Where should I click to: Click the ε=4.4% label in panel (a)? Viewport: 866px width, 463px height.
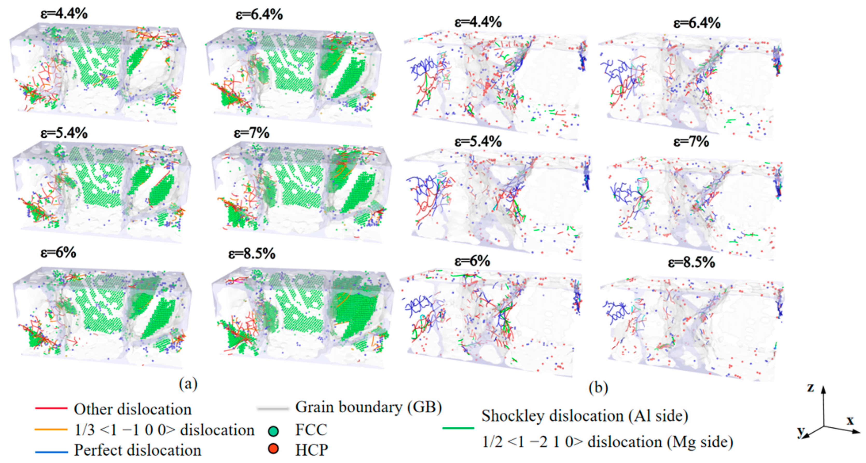click(64, 14)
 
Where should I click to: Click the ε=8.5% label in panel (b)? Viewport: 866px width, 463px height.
click(691, 262)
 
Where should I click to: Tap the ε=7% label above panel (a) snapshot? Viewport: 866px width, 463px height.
click(252, 133)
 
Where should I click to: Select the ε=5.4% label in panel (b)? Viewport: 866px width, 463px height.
click(478, 142)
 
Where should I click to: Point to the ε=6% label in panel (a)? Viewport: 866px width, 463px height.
click(58, 252)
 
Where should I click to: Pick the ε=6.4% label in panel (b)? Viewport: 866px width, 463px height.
click(697, 23)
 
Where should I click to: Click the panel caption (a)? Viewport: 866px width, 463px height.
click(188, 383)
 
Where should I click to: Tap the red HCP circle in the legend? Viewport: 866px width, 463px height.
click(274, 449)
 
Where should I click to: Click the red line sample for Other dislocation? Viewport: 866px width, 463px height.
click(51, 409)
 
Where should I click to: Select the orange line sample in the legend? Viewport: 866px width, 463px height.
click(51, 429)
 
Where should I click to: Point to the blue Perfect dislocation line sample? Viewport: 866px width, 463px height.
click(51, 452)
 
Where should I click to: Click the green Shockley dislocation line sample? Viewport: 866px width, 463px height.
click(458, 428)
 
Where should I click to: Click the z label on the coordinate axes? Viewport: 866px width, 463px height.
click(810, 388)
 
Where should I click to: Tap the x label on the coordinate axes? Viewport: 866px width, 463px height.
click(850, 420)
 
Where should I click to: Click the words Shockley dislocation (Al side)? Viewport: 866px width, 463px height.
click(585, 416)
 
